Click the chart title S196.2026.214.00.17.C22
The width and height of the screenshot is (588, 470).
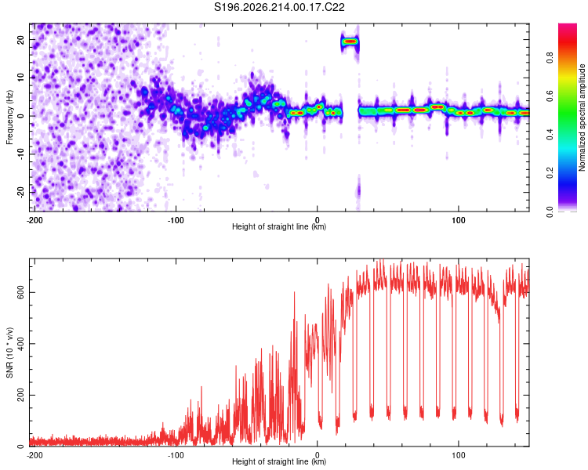tap(279, 7)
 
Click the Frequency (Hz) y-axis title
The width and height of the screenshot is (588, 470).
tap(9, 117)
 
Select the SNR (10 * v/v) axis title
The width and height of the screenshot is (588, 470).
tap(9, 352)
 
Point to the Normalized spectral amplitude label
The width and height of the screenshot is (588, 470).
tap(582, 117)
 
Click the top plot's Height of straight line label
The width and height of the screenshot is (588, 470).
tap(279, 226)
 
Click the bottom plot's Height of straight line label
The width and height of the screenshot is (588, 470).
tap(279, 461)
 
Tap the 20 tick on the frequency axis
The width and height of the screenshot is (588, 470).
tap(20, 39)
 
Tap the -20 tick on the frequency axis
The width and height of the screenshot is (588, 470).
tap(20, 192)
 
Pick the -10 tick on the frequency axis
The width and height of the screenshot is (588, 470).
tap(20, 154)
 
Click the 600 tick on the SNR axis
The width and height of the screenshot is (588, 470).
tap(20, 292)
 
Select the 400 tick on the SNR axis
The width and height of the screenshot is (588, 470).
tap(20, 344)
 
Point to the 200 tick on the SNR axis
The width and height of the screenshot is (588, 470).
tap(20, 395)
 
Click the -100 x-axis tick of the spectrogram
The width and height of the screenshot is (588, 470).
tap(175, 220)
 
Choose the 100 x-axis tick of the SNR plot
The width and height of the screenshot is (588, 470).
tap(459, 455)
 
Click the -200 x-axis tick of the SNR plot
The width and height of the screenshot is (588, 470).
tap(34, 455)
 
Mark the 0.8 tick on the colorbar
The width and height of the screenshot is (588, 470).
tap(550, 58)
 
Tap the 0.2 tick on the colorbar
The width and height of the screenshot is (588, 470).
tap(550, 173)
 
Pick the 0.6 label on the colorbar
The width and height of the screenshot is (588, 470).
tap(550, 96)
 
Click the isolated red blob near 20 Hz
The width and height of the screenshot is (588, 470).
tap(350, 42)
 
